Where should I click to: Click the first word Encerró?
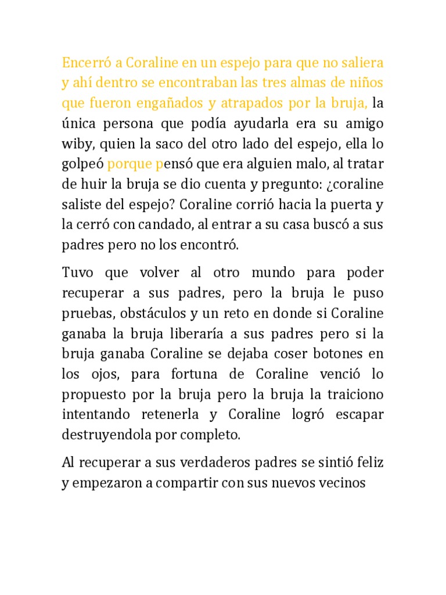pyautogui.click(x=84, y=62)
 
